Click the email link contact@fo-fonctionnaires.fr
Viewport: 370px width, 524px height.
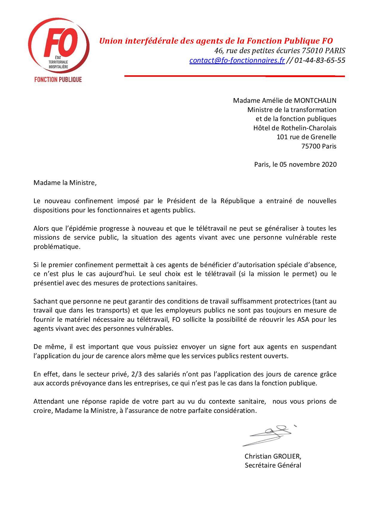(237, 60)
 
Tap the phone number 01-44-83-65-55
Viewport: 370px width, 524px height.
(320, 60)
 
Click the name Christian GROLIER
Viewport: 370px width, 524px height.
(273, 456)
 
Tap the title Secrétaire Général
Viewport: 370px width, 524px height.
(273, 465)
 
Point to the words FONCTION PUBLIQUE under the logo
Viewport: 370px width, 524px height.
(58, 79)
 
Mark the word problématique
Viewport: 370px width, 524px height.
(57, 247)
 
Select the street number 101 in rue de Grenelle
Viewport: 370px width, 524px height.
(282, 137)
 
